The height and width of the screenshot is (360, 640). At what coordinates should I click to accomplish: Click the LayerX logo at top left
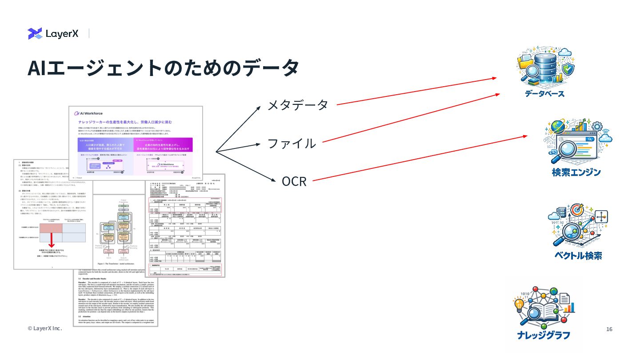(53, 33)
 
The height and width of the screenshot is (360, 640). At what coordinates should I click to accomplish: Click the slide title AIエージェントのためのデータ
(163, 68)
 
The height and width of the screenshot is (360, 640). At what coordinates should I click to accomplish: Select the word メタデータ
(297, 105)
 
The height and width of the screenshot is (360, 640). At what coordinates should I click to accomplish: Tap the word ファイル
(292, 144)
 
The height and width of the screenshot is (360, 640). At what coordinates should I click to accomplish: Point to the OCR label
(294, 181)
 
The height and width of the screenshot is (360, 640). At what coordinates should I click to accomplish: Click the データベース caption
(544, 94)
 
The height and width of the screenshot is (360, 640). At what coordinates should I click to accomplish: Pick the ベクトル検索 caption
(578, 256)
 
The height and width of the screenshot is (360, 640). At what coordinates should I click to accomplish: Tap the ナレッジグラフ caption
(543, 336)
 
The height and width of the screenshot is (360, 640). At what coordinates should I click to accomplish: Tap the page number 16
(609, 329)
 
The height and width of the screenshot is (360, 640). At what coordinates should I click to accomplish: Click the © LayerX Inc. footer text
(44, 328)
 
